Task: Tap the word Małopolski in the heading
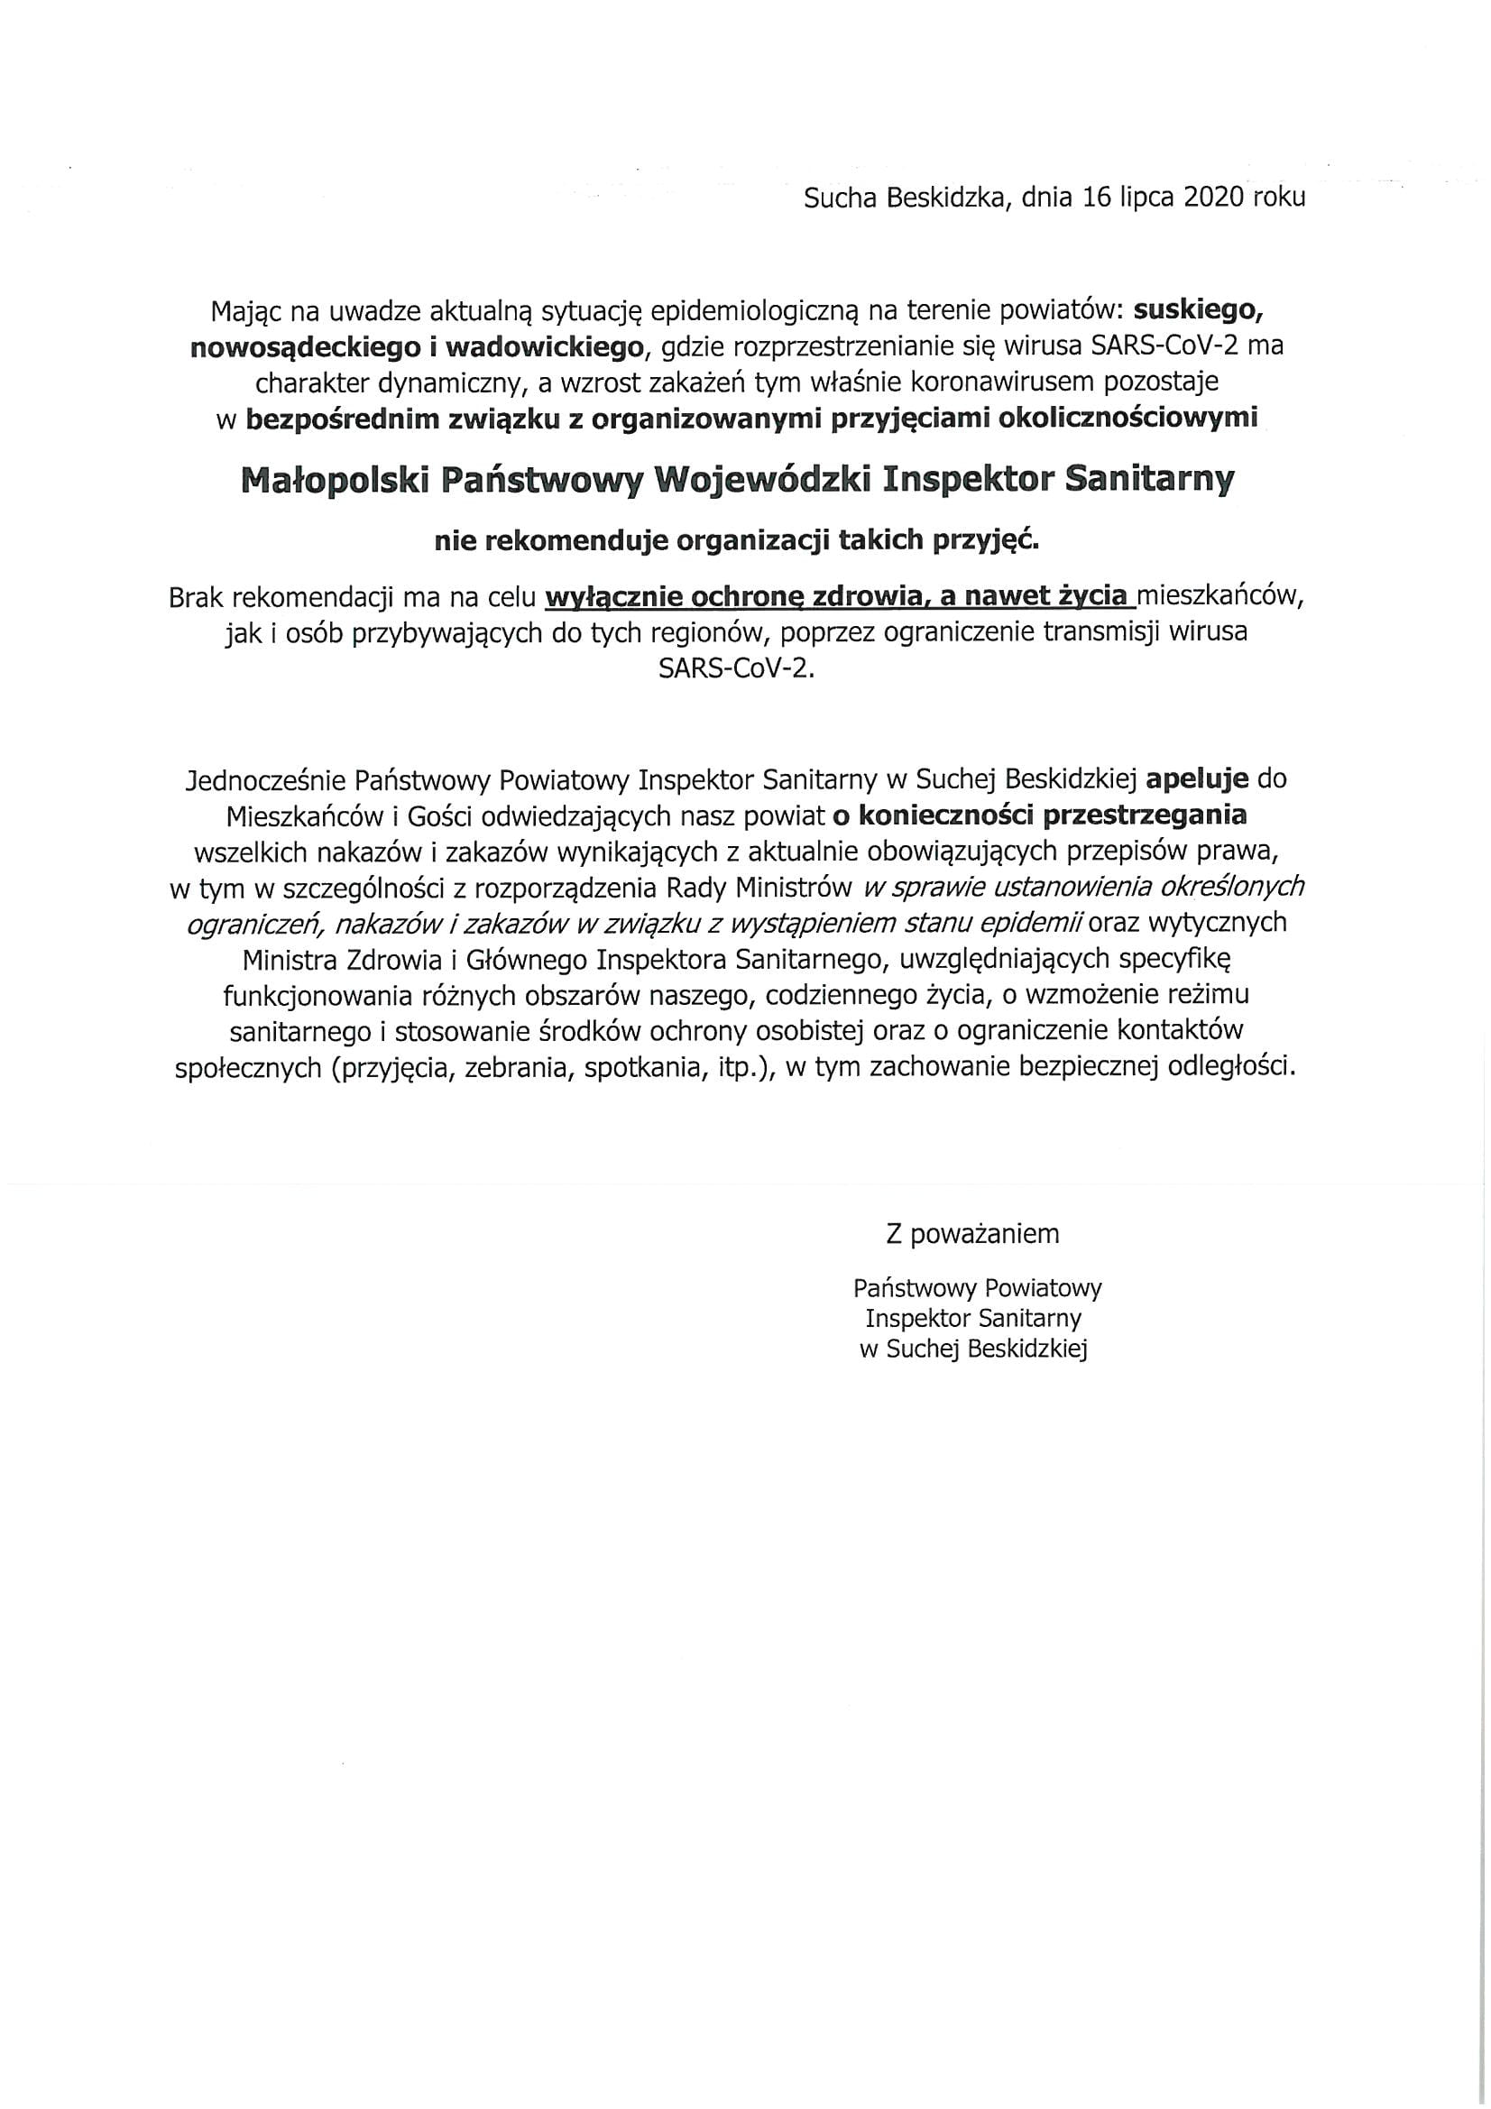(x=336, y=481)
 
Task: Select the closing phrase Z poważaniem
(x=972, y=1234)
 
